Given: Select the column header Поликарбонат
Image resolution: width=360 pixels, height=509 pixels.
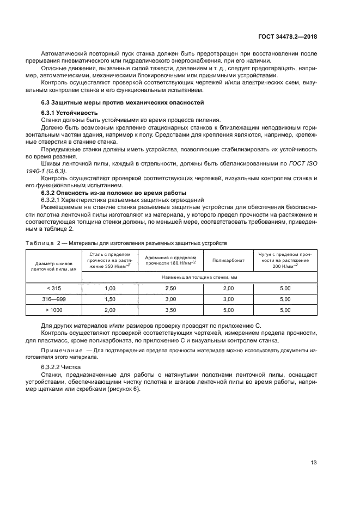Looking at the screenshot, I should [229, 261].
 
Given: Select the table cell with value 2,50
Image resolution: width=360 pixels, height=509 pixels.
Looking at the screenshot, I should [170, 288].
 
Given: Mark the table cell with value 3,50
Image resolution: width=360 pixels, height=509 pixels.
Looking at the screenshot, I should [170, 309].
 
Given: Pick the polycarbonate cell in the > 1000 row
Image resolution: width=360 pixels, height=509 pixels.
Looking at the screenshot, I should [229, 309].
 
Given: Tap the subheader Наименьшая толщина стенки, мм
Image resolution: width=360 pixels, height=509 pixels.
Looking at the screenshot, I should [199, 277].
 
